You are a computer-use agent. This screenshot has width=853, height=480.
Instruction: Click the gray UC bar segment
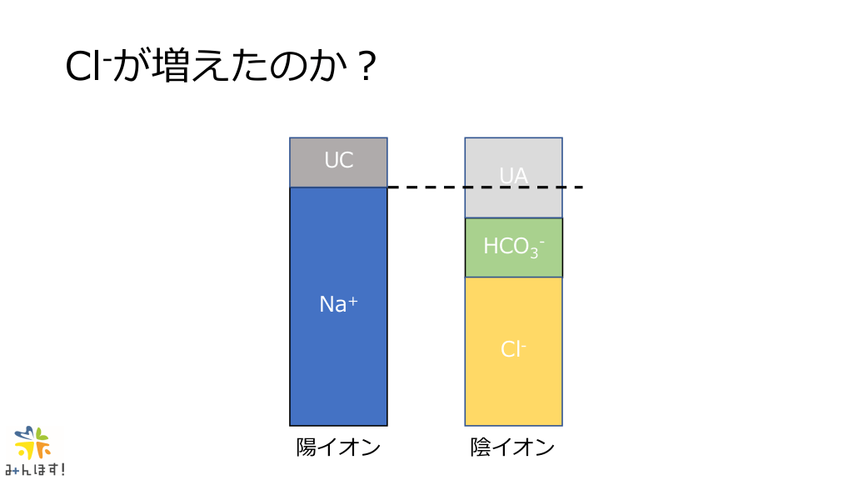[338, 162]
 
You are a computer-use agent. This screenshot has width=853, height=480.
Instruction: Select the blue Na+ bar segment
[338, 307]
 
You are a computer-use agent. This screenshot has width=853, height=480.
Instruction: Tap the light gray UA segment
[513, 178]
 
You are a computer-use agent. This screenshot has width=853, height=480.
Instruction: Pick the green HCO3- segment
[513, 247]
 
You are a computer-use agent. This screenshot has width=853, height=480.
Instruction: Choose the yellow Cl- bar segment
[513, 352]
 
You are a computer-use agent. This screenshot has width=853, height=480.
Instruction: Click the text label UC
[339, 160]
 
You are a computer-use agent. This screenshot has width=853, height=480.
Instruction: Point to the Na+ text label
[338, 303]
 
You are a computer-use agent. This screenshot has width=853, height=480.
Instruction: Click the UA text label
[513, 175]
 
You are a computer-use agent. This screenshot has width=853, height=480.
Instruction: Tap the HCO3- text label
[514, 247]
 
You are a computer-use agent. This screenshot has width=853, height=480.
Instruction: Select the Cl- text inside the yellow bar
[513, 349]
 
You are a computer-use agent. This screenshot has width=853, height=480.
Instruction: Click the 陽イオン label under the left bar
[338, 447]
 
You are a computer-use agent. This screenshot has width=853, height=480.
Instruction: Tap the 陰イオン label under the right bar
[512, 447]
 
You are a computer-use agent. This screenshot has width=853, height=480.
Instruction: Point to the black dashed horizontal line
[486, 187]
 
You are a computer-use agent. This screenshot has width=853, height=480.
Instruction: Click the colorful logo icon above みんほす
[32, 442]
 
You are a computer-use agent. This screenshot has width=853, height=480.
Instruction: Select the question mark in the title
[367, 67]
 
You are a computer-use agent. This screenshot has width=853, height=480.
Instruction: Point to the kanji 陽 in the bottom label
[307, 447]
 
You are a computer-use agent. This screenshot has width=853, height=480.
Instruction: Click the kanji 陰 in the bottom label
[481, 447]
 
